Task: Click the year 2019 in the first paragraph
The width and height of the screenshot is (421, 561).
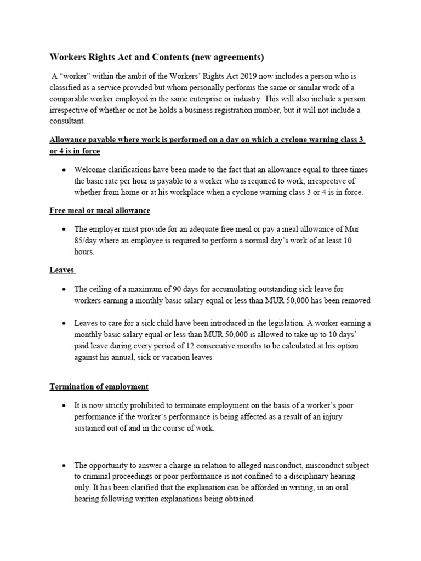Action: (231, 76)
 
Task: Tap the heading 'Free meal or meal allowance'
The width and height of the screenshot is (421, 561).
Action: (100, 210)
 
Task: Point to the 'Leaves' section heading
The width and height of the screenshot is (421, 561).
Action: (61, 270)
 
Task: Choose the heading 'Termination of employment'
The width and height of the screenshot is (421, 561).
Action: (99, 386)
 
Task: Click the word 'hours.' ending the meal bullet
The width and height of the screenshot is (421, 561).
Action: (84, 252)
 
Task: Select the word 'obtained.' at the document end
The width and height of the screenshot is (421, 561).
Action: (239, 500)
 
